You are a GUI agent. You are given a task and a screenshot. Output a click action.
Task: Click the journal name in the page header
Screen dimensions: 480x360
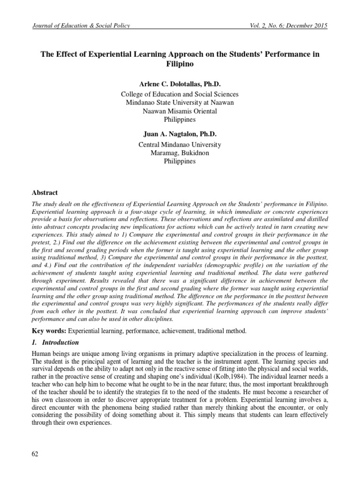click(x=81, y=26)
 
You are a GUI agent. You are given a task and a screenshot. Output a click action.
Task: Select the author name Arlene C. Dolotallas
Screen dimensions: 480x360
click(x=180, y=84)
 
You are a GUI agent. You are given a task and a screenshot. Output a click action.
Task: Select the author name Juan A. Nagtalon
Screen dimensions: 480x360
click(x=180, y=134)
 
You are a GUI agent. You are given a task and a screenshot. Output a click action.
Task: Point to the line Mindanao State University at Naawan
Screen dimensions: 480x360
click(x=180, y=103)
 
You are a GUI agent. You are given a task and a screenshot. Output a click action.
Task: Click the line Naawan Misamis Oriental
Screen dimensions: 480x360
click(x=180, y=111)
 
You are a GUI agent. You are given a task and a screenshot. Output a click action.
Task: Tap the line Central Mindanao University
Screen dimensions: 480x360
click(x=180, y=145)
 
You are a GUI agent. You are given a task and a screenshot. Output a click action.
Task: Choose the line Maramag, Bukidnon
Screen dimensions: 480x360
click(x=180, y=153)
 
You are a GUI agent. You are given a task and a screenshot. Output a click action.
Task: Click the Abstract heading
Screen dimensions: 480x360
click(x=45, y=192)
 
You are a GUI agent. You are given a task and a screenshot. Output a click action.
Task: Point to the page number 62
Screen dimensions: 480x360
click(x=35, y=454)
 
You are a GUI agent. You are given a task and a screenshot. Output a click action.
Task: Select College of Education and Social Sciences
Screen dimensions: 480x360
click(x=180, y=94)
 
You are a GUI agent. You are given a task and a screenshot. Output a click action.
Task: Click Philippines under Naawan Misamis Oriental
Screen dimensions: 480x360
click(x=180, y=120)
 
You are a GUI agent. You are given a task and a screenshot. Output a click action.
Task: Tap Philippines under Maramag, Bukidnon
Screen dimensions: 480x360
click(x=180, y=161)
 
